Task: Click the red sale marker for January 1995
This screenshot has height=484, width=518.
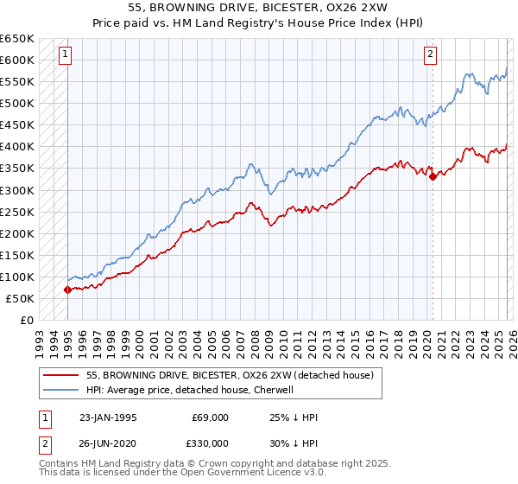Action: point(67,290)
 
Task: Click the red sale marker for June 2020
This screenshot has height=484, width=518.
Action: point(432,177)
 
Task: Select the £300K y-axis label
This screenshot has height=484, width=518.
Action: point(17,190)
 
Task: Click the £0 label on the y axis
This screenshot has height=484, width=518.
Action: point(27,320)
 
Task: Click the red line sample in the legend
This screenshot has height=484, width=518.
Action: point(60,375)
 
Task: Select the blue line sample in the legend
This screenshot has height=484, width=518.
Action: point(60,390)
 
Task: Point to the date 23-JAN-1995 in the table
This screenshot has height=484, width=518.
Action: point(108,417)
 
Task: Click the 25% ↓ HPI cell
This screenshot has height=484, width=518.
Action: point(294,417)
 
